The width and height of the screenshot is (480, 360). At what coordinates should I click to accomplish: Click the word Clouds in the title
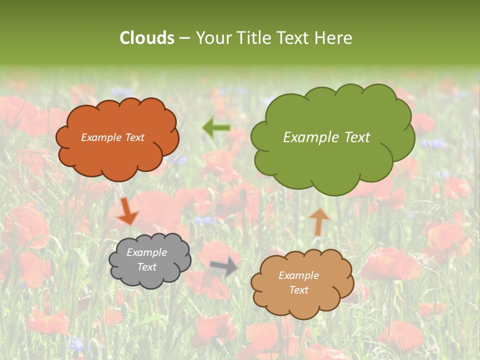(146, 38)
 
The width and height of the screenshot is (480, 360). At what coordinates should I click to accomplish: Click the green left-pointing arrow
(216, 128)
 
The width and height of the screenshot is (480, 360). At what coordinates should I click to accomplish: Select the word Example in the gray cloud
(146, 252)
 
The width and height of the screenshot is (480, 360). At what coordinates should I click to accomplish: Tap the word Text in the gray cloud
(146, 267)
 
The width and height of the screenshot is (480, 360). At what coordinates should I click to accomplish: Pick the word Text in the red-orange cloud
(134, 137)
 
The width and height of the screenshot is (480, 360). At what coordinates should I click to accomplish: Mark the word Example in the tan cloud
(298, 275)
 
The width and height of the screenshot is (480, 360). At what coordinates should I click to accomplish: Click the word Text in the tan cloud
(298, 290)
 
